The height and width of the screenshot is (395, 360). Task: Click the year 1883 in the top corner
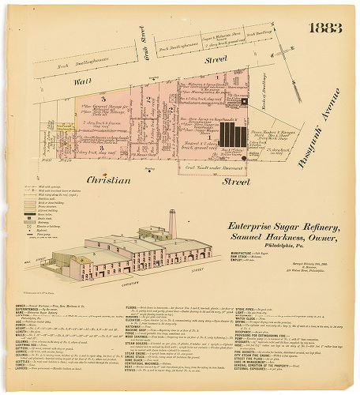pyautogui.click(x=325, y=28)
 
